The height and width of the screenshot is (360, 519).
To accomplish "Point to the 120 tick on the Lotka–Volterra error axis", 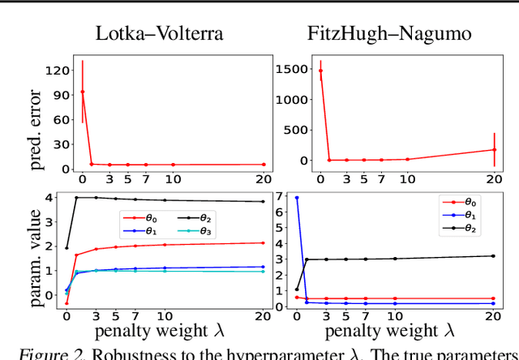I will [56, 70].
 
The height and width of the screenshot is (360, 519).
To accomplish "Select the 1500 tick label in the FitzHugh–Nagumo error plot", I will [290, 70].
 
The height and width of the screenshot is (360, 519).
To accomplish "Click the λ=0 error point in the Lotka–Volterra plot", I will [82, 92].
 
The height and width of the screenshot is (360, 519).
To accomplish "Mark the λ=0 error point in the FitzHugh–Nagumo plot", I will [320, 71].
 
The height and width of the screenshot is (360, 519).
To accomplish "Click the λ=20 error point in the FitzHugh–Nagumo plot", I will [494, 149].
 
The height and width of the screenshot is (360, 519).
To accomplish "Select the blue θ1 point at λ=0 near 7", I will [320, 198].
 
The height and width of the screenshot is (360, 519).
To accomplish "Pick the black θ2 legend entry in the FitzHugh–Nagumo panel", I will [465, 229].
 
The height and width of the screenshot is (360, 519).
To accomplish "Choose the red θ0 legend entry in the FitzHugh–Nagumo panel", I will [465, 201].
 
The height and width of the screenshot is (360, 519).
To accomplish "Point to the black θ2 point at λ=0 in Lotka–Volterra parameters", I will [66, 247].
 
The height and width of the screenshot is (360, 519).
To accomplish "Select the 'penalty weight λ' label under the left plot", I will [159, 331].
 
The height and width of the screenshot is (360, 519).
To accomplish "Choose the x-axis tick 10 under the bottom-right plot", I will [407, 316].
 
